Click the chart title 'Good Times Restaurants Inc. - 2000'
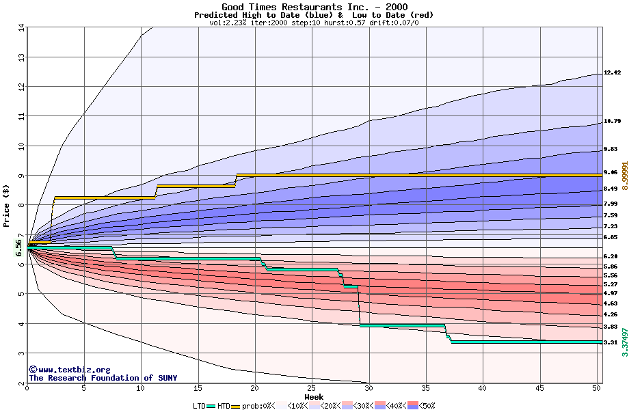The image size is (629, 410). click(314, 7)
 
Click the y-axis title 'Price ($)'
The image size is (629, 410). click(8, 205)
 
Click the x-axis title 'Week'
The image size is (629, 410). click(314, 397)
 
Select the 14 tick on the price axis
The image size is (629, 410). click(21, 28)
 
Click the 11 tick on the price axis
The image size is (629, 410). click(21, 117)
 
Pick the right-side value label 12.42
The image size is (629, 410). click(612, 72)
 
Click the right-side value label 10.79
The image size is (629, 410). click(612, 121)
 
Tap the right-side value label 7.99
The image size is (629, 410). click(611, 204)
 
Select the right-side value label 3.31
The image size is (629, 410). click(611, 342)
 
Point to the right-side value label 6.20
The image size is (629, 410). click(611, 256)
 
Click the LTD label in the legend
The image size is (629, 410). click(199, 406)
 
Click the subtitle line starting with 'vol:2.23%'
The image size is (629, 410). click(314, 23)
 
